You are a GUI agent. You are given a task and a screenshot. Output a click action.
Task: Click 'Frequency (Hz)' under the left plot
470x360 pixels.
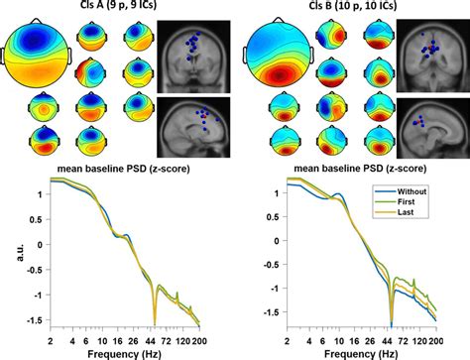coord(117,352)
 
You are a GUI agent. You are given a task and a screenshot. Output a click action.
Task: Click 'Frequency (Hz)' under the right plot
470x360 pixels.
coord(356,352)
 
